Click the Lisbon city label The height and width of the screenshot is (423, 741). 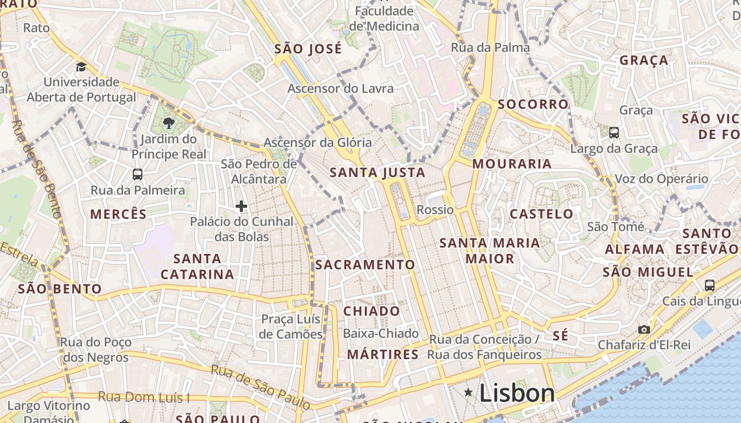coord(517,393)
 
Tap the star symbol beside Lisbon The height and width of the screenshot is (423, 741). coord(468,392)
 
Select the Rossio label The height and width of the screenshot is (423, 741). coord(435,210)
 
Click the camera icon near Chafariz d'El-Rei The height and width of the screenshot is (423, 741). coord(644,329)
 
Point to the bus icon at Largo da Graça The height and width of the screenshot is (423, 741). coord(614,133)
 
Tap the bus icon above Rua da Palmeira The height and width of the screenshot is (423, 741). coord(138,174)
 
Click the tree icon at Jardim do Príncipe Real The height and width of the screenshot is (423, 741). coord(169,124)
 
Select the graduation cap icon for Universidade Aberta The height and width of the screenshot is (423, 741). coord(81,67)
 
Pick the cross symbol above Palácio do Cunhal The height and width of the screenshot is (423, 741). coord(241,206)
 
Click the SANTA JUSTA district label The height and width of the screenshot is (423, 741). coord(377,172)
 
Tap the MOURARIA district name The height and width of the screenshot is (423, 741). coord(512,164)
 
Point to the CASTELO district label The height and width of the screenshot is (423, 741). coord(541,214)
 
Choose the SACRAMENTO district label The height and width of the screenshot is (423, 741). coord(365,264)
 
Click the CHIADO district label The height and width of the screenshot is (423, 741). coord(372,311)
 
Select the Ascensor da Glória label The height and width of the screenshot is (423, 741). coord(318,142)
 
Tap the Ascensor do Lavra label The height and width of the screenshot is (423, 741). coord(340,88)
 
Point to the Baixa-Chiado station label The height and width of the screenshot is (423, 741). coord(381,334)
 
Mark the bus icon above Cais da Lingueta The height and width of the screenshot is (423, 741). coord(709,286)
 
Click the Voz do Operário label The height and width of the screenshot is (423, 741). coord(661,179)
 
